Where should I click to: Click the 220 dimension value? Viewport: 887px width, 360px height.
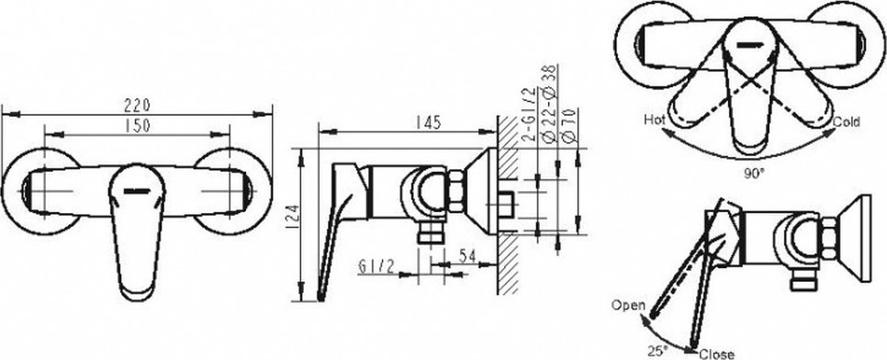click(138, 106)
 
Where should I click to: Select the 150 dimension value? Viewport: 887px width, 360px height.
click(138, 126)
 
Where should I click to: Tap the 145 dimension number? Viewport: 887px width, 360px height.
click(428, 122)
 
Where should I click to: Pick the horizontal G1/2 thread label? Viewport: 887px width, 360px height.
click(376, 266)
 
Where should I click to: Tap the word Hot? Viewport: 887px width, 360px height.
click(655, 119)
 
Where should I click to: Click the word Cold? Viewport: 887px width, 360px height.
click(847, 122)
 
